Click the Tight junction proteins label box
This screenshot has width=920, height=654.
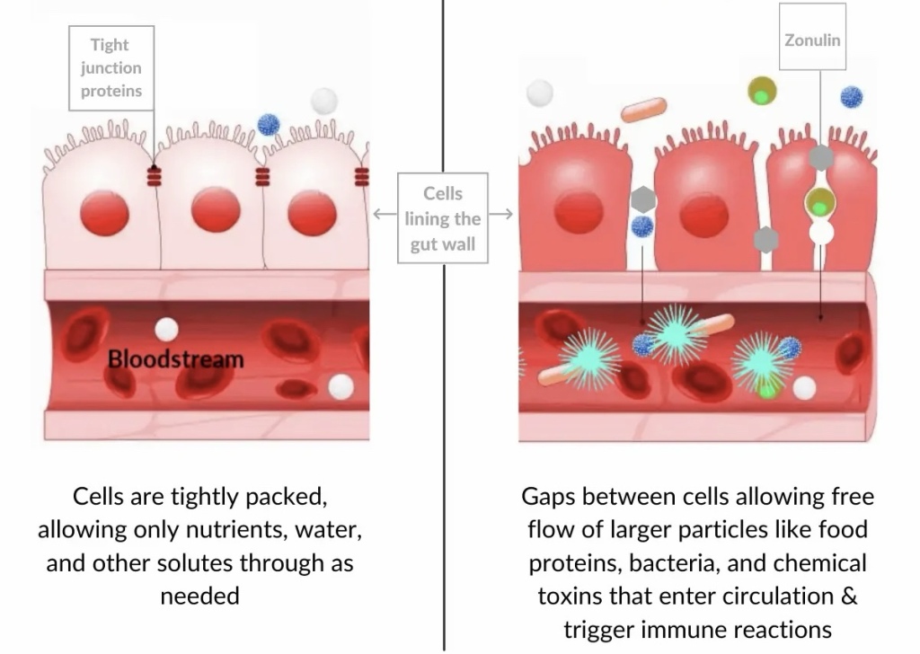point(111,67)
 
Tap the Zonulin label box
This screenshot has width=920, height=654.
point(812,40)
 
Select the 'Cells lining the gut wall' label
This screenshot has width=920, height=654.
point(443,218)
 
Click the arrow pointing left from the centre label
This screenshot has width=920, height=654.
point(385,214)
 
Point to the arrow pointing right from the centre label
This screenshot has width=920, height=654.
point(502,214)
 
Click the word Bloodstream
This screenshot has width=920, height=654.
point(176,359)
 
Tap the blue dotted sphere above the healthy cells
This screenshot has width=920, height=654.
point(269,124)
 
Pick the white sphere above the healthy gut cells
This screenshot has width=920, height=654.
point(323,101)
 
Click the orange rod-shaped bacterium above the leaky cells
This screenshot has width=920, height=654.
point(643,110)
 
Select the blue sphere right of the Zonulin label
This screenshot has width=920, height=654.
point(851,97)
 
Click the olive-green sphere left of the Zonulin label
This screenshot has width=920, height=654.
point(762,91)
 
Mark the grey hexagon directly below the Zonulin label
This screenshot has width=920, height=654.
point(819,157)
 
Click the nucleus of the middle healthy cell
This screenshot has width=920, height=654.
point(216,210)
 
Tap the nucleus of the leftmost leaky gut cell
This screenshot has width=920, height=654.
point(579,213)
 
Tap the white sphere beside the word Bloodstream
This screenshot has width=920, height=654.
point(166,330)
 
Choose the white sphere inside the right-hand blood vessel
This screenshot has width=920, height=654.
point(804,388)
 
